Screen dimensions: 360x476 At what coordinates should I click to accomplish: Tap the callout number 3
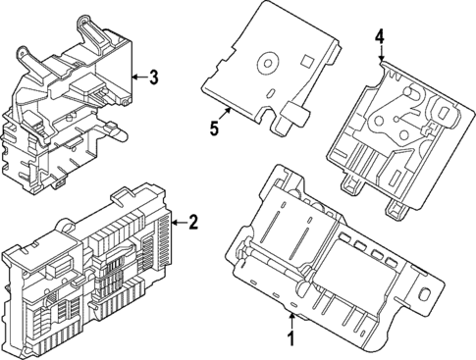153,76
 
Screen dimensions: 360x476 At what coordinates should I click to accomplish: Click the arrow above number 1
291,321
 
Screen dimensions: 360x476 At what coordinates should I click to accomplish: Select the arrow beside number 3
137,76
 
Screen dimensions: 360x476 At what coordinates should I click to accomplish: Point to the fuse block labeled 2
88,265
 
